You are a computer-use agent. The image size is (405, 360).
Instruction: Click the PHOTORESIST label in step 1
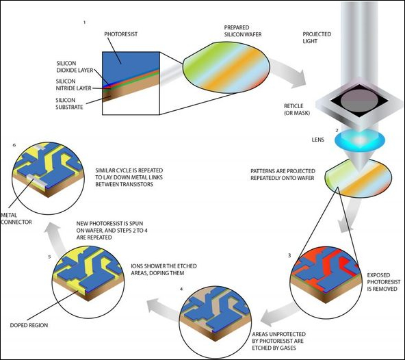pyautogui.click(x=121, y=34)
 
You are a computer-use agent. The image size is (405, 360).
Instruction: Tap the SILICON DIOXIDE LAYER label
pyautogui.click(x=75, y=66)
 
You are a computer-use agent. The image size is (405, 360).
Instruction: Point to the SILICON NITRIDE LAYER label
pyautogui.click(x=74, y=84)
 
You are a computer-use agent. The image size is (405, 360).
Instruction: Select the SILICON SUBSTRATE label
pyautogui.click(x=69, y=103)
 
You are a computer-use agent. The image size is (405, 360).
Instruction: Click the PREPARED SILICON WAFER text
pyautogui.click(x=243, y=31)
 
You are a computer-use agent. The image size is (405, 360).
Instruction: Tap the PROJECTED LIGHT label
pyautogui.click(x=317, y=38)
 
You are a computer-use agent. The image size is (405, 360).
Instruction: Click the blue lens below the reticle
pyautogui.click(x=360, y=140)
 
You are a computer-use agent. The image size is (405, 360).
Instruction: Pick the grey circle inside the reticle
pyautogui.click(x=359, y=101)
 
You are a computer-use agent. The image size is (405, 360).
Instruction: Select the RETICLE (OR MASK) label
pyautogui.click(x=297, y=110)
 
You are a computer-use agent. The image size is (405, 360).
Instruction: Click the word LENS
pyautogui.click(x=317, y=140)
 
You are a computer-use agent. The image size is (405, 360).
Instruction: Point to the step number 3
pyautogui.click(x=289, y=255)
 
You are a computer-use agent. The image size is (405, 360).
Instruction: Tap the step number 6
pyautogui.click(x=14, y=145)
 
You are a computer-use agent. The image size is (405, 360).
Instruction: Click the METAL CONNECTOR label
pyautogui.click(x=16, y=218)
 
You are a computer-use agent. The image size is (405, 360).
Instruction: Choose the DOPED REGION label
pyautogui.click(x=29, y=325)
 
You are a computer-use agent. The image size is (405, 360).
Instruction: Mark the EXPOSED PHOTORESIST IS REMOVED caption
pyautogui.click(x=384, y=282)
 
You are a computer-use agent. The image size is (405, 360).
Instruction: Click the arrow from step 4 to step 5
pyautogui.click(x=162, y=308)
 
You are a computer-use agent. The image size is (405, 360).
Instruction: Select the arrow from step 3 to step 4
pyautogui.click(x=280, y=315)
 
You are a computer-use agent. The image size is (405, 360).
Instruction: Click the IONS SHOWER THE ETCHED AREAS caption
pyautogui.click(x=164, y=269)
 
